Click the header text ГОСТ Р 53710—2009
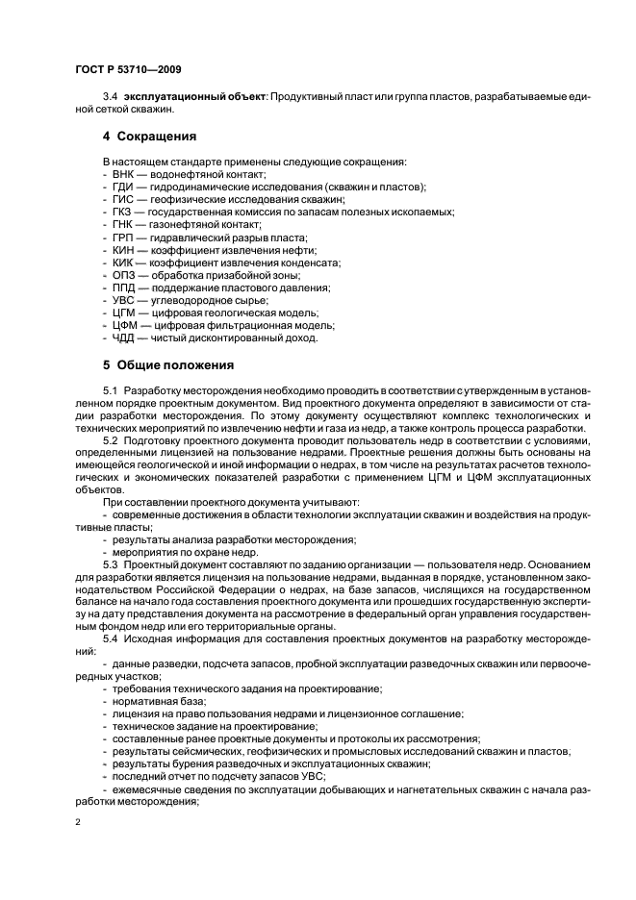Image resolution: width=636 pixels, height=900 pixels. coord(127,70)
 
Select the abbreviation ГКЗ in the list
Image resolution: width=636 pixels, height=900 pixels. coord(122,211)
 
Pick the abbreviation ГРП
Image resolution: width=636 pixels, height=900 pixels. coord(122,237)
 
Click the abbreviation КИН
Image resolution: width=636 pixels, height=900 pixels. coord(123,249)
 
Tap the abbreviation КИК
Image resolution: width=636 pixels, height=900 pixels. coord(123,262)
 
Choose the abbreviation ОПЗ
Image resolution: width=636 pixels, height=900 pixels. coord(123,274)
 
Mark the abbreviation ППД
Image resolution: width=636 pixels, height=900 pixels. coord(123,287)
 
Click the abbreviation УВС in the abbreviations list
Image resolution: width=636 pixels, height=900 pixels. coord(123,300)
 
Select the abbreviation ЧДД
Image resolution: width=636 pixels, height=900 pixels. coord(123,338)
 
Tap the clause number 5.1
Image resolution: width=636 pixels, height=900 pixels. coord(111,390)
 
